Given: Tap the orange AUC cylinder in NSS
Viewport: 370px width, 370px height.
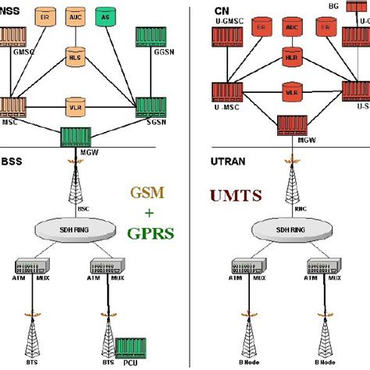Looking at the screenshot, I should point(75,17).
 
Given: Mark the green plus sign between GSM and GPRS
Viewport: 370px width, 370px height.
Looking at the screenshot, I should point(149,213).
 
